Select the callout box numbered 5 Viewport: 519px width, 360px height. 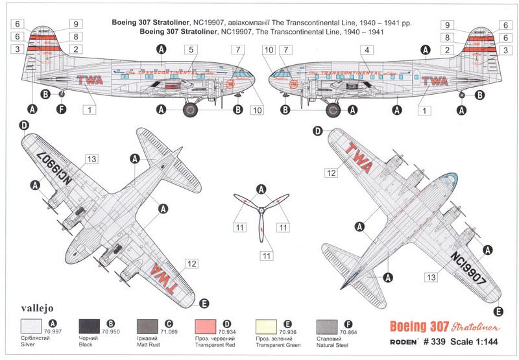click(x=190, y=49)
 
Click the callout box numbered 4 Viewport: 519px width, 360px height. click(x=367, y=49)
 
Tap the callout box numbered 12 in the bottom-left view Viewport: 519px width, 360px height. click(x=191, y=263)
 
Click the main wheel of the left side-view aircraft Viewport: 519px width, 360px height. click(x=191, y=109)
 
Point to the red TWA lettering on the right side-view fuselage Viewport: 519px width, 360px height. click(x=435, y=82)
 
